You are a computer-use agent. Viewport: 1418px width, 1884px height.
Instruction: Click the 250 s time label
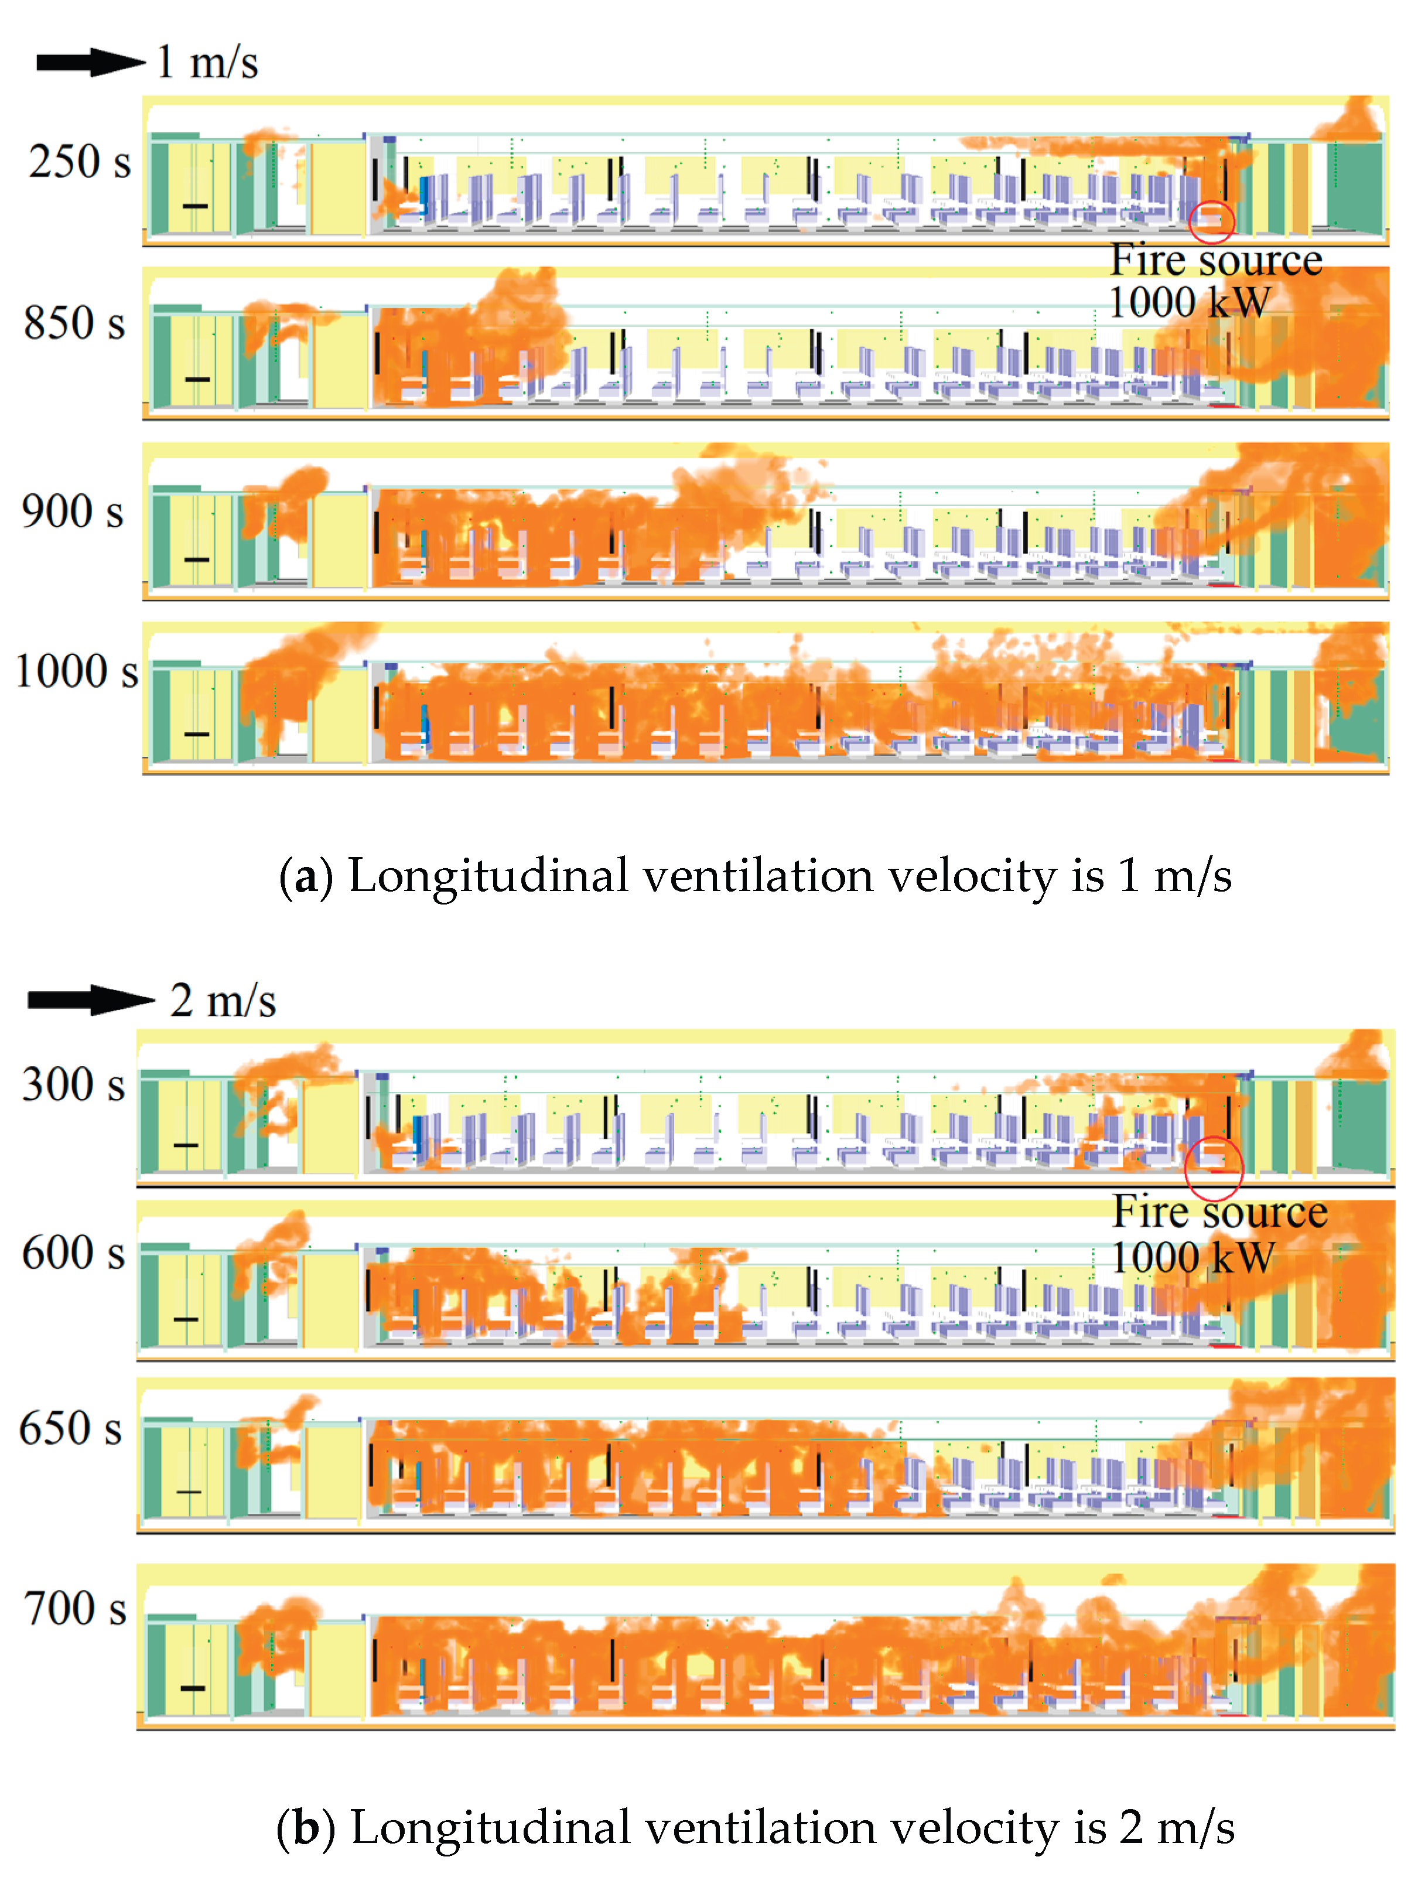click(x=79, y=162)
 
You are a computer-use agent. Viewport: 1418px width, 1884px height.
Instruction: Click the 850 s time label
click(x=75, y=323)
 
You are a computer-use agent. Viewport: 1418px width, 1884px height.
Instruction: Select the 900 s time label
click(x=73, y=512)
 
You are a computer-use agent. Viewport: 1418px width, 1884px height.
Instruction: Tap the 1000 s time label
click(x=77, y=671)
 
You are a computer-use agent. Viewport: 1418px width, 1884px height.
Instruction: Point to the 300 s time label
click(x=73, y=1085)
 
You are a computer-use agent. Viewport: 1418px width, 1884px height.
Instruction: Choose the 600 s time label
click(x=73, y=1254)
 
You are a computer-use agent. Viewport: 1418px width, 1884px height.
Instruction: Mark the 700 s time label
click(x=75, y=1609)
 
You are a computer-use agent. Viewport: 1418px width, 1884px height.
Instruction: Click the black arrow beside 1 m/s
click(x=90, y=62)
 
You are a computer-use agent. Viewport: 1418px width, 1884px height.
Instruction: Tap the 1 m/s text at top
click(x=207, y=62)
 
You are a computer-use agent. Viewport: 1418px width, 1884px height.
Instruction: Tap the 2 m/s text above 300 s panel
click(x=223, y=1000)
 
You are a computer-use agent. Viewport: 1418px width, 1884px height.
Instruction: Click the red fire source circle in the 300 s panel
click(x=1214, y=1168)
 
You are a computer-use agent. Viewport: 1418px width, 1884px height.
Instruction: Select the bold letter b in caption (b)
click(x=306, y=1828)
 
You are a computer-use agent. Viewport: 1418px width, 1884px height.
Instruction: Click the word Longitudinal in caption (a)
click(x=488, y=876)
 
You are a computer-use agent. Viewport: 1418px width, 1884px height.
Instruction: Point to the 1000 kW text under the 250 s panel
click(x=1189, y=302)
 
